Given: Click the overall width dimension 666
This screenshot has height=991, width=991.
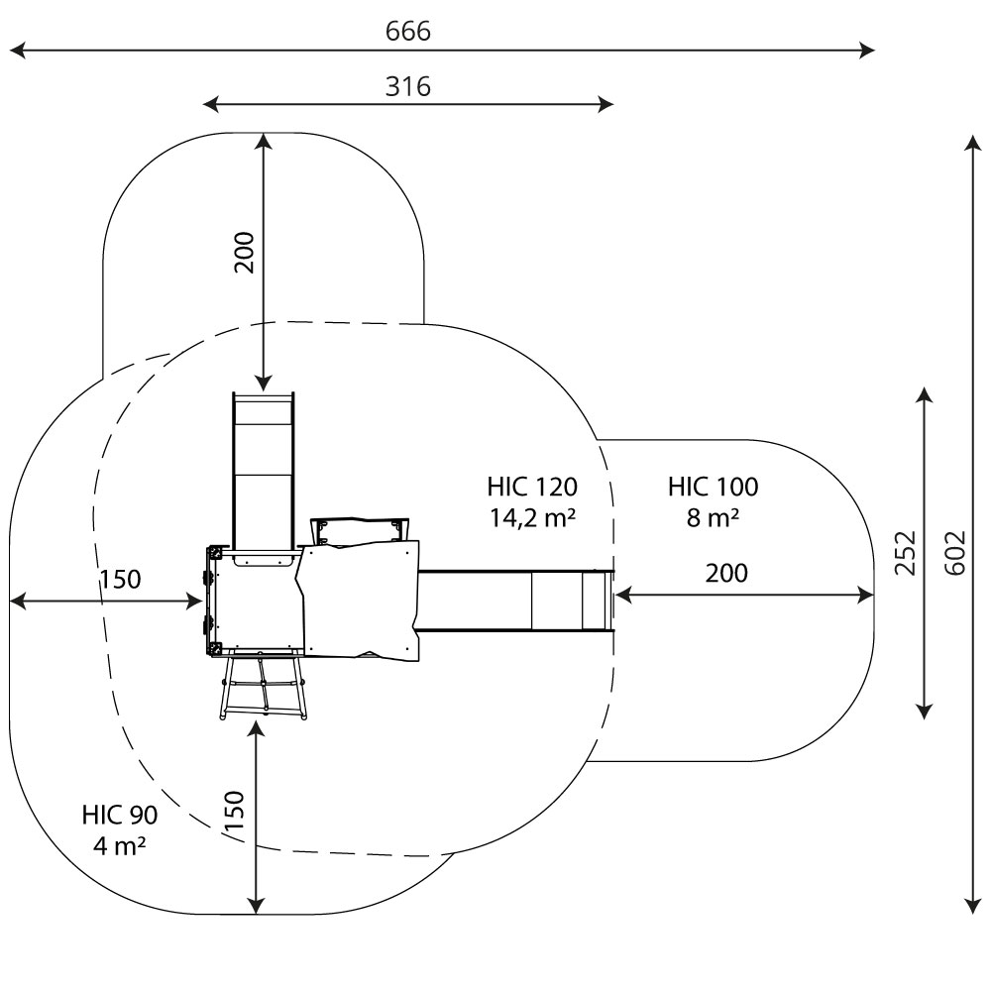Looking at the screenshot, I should click(x=408, y=32).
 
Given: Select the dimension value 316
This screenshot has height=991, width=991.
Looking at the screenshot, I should click(x=408, y=87).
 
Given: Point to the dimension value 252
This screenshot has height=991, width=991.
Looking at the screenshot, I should click(x=905, y=553).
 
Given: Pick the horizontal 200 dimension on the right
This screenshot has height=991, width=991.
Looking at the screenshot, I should click(x=726, y=573).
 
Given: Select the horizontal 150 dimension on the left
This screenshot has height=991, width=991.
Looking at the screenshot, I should click(x=120, y=579).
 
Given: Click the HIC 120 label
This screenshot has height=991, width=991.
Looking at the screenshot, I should click(x=532, y=487).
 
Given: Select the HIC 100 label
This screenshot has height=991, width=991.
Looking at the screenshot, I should click(x=713, y=487).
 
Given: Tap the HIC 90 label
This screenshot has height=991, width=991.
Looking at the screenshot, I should click(x=120, y=816).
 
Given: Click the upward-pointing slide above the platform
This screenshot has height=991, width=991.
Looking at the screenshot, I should click(x=264, y=466).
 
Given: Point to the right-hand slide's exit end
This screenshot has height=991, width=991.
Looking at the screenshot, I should click(x=595, y=601).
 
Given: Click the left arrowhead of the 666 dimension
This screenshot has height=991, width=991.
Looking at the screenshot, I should click(x=14, y=50).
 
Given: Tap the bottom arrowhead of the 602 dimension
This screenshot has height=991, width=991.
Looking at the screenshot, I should click(x=973, y=908).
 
